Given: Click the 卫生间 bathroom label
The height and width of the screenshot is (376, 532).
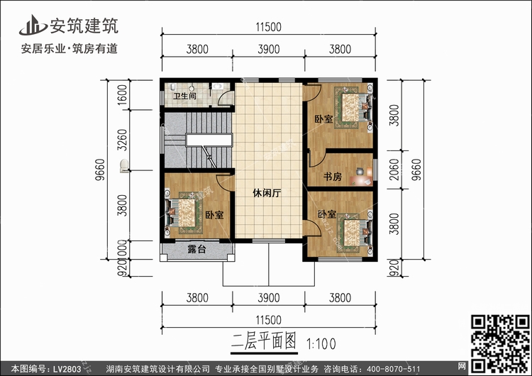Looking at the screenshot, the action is tap(184, 96).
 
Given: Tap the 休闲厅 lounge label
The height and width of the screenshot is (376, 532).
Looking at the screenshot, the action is tap(267, 193).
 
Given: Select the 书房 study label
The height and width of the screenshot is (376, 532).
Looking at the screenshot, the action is tap(332, 177).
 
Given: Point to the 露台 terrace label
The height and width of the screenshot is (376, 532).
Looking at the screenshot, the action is tap(196, 250).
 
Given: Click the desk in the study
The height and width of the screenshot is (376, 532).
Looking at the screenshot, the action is tap(362, 176).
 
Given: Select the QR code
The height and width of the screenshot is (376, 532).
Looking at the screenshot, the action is tap(501, 343).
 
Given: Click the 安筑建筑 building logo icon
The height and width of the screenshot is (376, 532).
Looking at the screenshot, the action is tap(33, 25).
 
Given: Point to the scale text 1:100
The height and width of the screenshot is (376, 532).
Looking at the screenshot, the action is tap(321, 344).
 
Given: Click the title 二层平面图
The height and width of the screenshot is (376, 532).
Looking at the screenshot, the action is tap(264, 341).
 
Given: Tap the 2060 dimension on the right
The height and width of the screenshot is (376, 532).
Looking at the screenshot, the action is tap(394, 170).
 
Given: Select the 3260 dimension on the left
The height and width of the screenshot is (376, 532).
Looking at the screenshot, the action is tap(122, 140).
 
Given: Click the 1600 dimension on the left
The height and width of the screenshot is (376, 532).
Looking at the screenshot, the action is tap(122, 94).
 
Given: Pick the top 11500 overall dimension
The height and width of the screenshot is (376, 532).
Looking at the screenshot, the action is tap(268, 27).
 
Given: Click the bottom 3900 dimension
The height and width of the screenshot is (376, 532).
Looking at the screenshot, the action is tap(268, 298).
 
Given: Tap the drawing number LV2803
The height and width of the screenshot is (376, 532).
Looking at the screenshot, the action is tap(67, 369).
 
